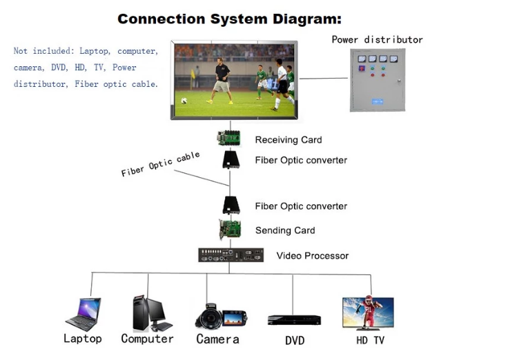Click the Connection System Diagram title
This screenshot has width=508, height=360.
click(x=229, y=19)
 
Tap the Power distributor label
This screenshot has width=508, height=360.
click(x=377, y=39)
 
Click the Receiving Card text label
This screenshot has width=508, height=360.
click(x=288, y=140)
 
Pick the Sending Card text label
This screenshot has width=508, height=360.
click(x=285, y=230)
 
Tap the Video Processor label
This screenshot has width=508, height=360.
click(x=312, y=256)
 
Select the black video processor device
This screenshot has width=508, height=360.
click(x=230, y=255)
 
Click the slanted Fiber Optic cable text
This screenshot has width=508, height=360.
click(x=160, y=164)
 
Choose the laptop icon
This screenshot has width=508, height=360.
click(x=84, y=314)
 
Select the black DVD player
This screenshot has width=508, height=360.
click(x=294, y=320)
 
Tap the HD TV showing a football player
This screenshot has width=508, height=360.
click(x=368, y=313)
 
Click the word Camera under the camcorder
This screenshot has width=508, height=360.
click(x=217, y=339)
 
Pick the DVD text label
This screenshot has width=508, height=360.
click(x=295, y=341)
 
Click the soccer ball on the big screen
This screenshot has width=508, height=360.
click(x=184, y=100)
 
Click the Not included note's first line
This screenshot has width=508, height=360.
click(x=86, y=51)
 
